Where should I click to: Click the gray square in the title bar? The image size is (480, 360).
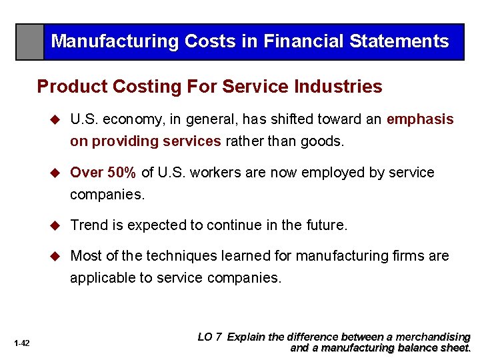point(30,42)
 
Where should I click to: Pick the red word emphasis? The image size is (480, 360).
point(420,119)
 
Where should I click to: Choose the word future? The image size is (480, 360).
point(325,225)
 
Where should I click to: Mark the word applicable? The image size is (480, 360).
point(103,277)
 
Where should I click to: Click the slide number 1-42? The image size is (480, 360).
point(21,343)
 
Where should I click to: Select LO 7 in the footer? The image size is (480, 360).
point(210,337)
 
